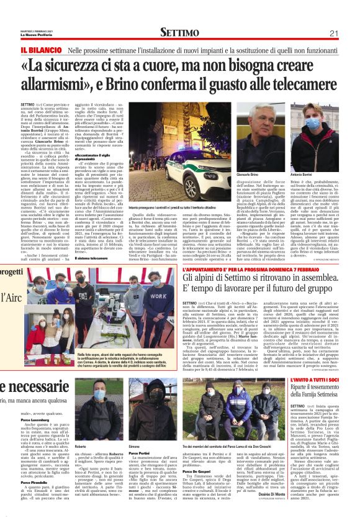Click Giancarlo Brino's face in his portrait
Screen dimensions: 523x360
tap(248, 129)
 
